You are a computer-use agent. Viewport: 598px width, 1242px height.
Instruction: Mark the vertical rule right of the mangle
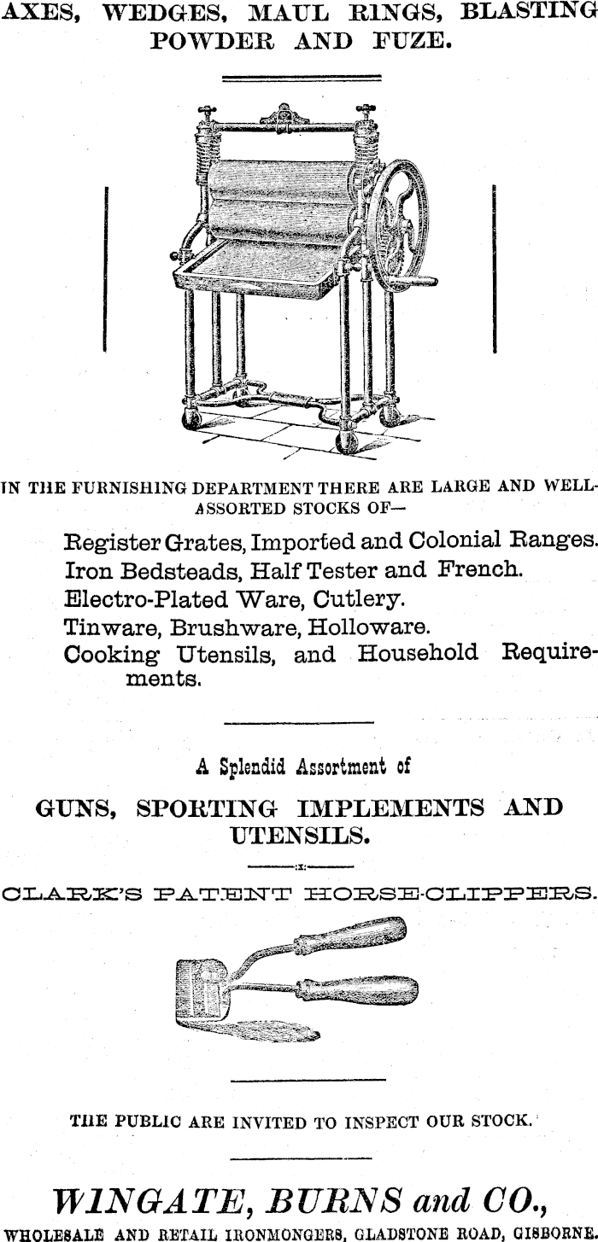coord(495,269)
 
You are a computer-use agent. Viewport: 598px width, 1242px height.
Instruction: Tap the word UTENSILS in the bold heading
coord(299,835)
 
